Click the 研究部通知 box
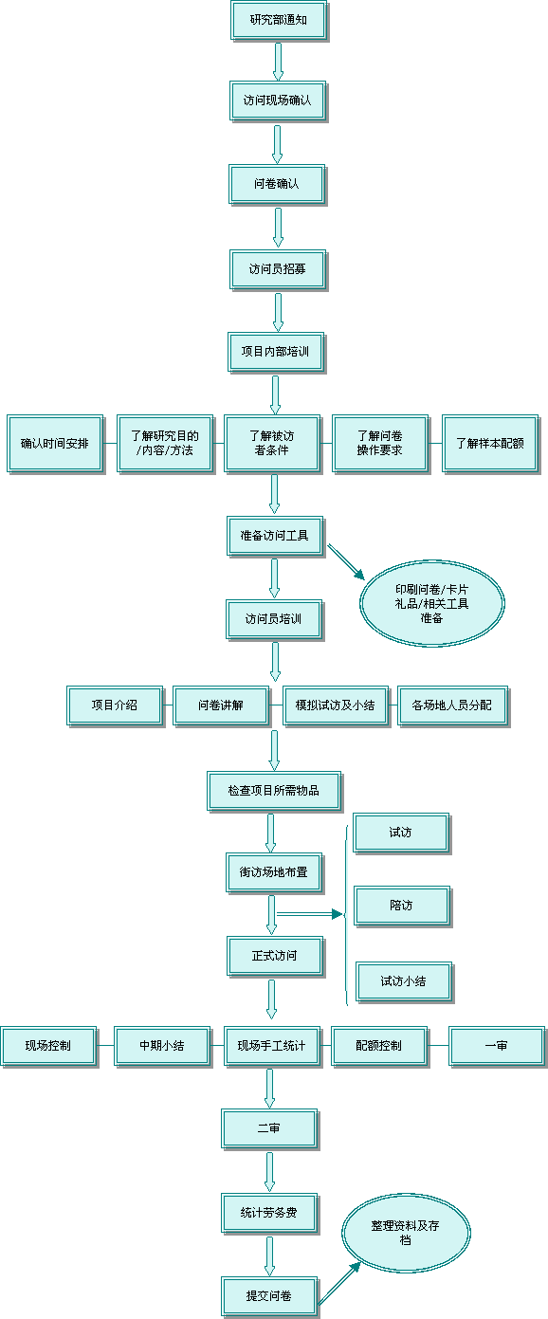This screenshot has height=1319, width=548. (x=279, y=21)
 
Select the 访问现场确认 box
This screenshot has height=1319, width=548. (x=278, y=101)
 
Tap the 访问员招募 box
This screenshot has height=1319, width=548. (x=278, y=269)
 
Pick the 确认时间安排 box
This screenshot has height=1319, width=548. (x=55, y=444)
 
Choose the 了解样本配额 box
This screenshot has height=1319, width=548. (x=490, y=444)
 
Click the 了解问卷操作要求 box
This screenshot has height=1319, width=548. (x=380, y=444)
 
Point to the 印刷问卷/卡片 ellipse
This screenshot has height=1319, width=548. (x=432, y=604)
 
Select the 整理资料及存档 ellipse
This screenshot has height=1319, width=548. (x=406, y=1233)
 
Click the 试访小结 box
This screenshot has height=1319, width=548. (x=405, y=982)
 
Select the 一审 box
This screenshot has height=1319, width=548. (x=498, y=1046)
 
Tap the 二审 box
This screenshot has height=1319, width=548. (x=270, y=1129)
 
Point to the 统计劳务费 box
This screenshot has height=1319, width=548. (x=270, y=1214)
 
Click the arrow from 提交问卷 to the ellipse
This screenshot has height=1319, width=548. (x=339, y=1283)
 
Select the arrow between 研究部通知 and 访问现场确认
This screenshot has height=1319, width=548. (x=278, y=62)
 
